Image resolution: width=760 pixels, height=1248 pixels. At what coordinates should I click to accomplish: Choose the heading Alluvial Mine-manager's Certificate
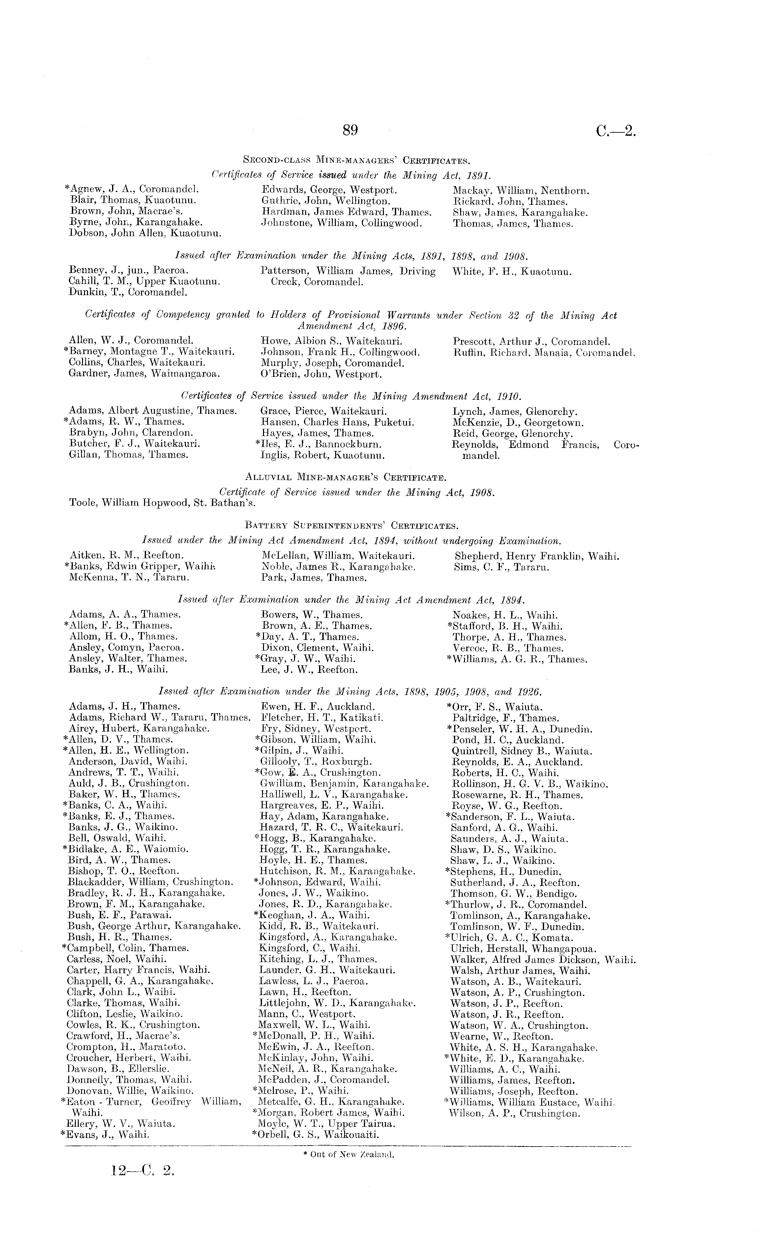(x=345, y=477)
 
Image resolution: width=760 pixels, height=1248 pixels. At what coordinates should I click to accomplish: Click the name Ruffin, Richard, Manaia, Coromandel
(x=544, y=352)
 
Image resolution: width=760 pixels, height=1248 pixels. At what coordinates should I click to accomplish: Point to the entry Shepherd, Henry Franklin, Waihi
(x=537, y=556)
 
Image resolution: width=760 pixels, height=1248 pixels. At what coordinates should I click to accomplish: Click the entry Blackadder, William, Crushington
(x=151, y=882)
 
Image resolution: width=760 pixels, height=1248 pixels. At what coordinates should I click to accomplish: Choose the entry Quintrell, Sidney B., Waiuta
(x=522, y=751)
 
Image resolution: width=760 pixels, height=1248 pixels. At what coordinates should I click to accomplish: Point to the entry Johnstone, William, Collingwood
(x=341, y=223)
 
